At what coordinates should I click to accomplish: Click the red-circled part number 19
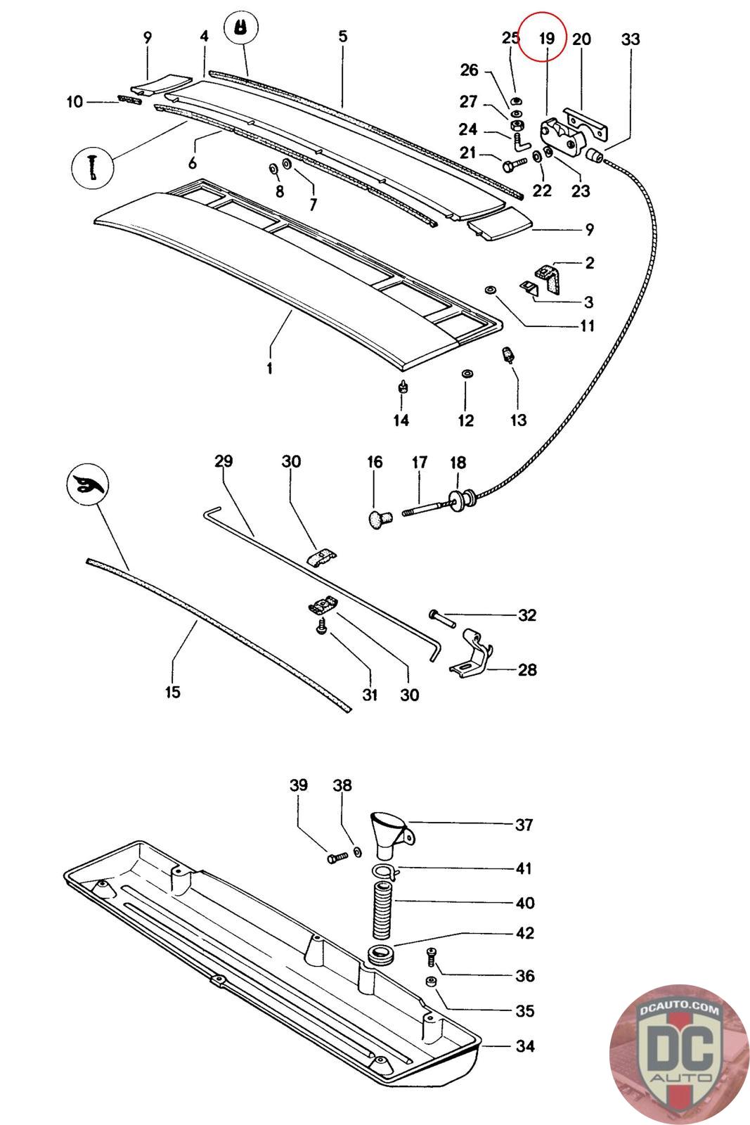pos(546,38)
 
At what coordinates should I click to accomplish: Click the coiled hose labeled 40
pos(383,911)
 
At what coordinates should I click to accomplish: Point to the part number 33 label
pos(631,39)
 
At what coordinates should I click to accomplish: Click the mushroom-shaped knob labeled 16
pos(380,519)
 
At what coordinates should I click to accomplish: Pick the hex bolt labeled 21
pos(513,165)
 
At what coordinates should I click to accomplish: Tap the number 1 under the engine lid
pos(270,368)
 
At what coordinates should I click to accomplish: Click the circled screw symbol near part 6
pos(93,167)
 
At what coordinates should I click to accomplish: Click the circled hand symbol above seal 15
pos(88,484)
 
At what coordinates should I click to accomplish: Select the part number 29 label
pos(224,461)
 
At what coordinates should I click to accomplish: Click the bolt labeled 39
pos(337,857)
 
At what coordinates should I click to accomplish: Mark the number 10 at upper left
pos(75,102)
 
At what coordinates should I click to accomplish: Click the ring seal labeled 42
pos(381,953)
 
